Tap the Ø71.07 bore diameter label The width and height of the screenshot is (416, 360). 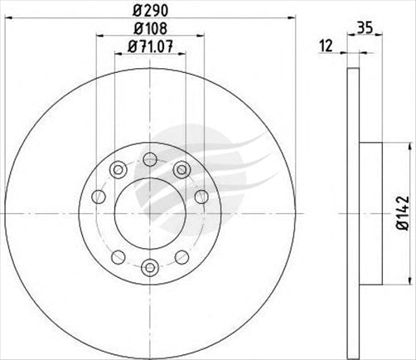[x=150, y=47]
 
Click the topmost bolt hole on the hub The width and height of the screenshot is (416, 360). [x=149, y=159]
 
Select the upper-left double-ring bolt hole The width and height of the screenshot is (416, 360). [x=119, y=170]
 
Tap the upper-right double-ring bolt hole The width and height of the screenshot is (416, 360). [x=181, y=170]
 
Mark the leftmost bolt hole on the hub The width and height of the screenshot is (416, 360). [x=99, y=197]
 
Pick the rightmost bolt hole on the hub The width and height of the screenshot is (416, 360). [x=201, y=197]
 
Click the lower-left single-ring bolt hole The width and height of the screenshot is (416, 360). [x=119, y=255]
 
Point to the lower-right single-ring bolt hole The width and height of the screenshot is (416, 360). [x=181, y=255]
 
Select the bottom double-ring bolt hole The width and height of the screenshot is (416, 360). [x=149, y=266]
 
